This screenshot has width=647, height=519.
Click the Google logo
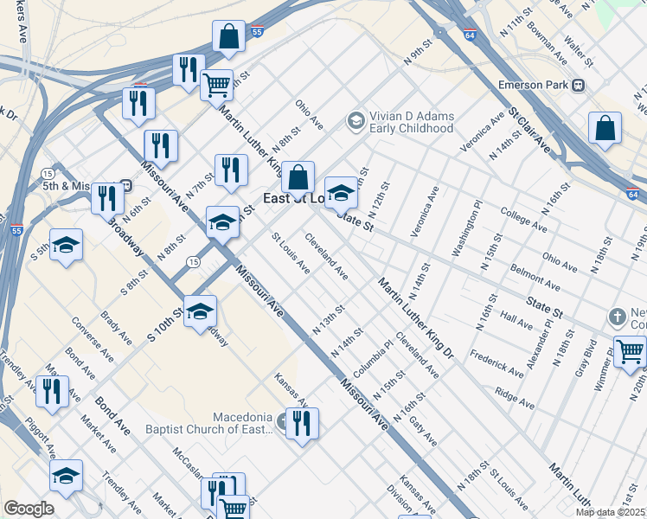[29, 509]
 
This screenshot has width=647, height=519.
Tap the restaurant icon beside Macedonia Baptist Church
[302, 424]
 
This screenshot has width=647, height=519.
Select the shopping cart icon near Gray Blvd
[631, 351]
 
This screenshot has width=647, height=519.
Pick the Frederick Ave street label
[497, 362]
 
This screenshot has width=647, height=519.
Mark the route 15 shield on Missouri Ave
[194, 261]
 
